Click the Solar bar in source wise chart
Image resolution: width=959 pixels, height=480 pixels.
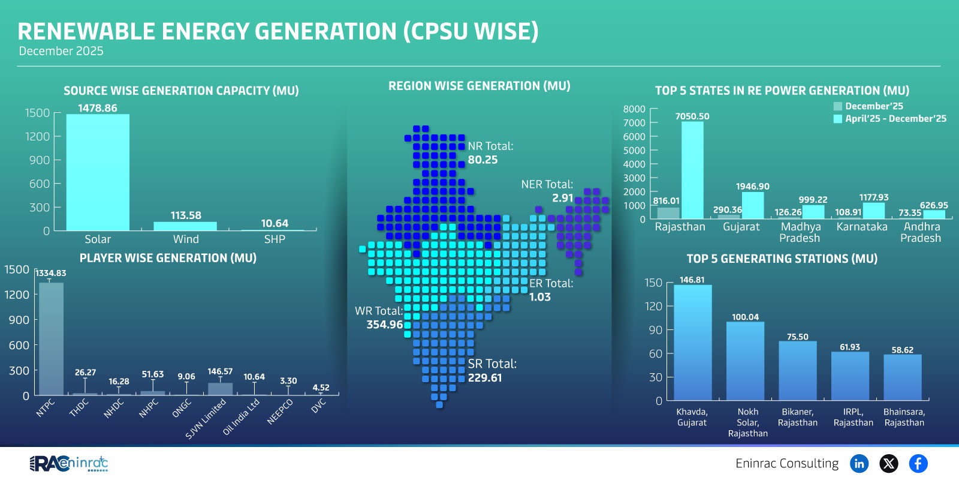[x=98, y=172]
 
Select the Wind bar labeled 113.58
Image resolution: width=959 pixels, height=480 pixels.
[x=185, y=226]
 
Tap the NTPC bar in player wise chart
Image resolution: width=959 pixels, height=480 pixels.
[x=51, y=339]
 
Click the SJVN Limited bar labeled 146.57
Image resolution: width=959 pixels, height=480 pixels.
[x=220, y=389]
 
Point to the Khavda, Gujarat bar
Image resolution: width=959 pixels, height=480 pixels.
[x=692, y=343]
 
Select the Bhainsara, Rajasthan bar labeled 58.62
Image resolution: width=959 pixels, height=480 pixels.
[x=902, y=377]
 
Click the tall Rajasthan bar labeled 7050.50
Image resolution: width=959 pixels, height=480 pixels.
[x=692, y=170]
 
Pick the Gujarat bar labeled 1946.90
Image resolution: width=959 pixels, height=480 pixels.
[x=753, y=205]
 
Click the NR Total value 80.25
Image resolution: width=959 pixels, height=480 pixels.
[x=482, y=160]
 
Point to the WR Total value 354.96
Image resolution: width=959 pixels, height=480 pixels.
[x=384, y=325]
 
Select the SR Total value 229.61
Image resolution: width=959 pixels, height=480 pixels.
[x=485, y=378]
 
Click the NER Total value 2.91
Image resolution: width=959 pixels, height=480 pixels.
[x=562, y=198]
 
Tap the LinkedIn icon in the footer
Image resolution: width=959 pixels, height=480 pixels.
[x=859, y=463]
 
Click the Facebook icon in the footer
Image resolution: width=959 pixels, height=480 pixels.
[x=918, y=463]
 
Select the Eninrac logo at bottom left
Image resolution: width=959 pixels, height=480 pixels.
[x=69, y=463]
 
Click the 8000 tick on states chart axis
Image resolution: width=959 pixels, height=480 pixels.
[x=634, y=109]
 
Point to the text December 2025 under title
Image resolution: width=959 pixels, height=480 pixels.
[x=61, y=51]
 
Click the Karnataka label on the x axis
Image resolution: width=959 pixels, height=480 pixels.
[x=861, y=227]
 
